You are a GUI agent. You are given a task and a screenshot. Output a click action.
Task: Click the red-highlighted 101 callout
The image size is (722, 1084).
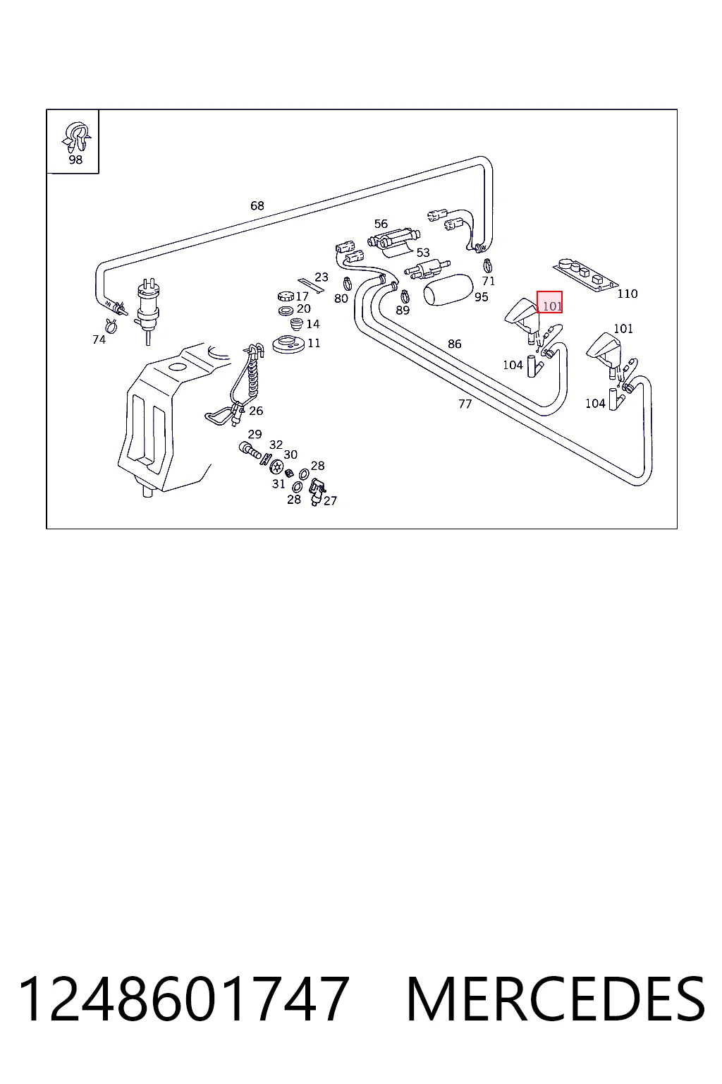(549, 302)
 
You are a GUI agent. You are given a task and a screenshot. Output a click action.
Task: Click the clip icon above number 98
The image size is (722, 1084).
(76, 136)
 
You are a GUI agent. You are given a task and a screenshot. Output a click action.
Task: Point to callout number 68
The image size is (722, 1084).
(257, 205)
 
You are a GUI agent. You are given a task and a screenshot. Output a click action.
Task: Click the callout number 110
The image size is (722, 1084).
(628, 294)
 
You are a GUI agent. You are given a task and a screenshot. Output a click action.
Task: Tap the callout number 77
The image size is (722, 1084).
(465, 404)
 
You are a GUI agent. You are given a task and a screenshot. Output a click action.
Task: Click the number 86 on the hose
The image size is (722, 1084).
(454, 344)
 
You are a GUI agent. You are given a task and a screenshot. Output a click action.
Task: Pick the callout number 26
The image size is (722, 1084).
(256, 411)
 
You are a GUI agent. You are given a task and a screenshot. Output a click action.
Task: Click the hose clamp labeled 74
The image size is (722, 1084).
(111, 325)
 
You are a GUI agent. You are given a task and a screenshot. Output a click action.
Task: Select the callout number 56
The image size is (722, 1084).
(381, 224)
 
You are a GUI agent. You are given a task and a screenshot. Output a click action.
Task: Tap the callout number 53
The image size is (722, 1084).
(422, 253)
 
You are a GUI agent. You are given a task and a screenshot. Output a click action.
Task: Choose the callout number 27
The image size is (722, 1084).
(330, 501)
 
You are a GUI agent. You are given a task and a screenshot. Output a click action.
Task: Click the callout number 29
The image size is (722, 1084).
(255, 434)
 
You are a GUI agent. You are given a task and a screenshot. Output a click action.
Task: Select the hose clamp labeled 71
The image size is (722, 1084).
(487, 265)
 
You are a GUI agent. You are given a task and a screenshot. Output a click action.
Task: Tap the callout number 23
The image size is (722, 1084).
(321, 277)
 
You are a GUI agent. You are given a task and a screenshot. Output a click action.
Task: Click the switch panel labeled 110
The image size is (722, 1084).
(585, 275)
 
